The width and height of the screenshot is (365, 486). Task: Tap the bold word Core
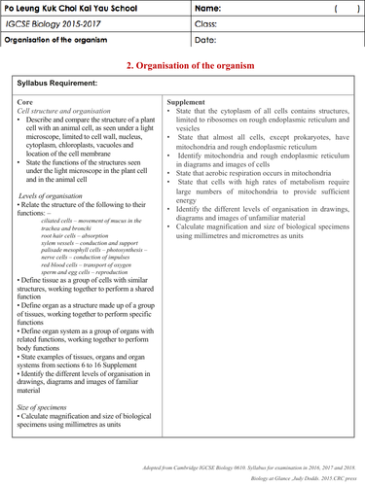(26, 101)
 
